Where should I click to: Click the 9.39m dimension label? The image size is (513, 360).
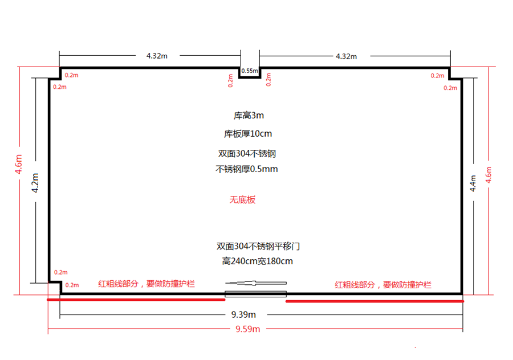point(243,314)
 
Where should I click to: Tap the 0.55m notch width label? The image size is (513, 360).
point(249,71)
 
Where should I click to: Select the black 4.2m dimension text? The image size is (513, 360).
point(35,183)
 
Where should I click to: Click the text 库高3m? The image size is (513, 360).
point(249,115)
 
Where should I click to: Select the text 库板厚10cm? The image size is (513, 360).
point(248,134)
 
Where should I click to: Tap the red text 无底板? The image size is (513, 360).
point(242,200)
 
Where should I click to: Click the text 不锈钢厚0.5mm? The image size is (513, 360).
point(246,169)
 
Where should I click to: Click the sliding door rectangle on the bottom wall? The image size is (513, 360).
point(255,294)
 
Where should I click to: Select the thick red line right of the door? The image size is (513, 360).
point(374,301)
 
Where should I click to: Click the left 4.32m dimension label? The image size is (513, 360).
point(157,56)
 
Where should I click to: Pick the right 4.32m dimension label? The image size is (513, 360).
point(346,56)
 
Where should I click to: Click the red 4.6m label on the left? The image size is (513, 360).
point(18,165)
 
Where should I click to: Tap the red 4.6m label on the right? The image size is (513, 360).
point(488,174)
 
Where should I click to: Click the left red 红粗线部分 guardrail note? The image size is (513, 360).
point(146,283)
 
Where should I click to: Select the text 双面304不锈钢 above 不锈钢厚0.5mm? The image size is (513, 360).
point(247,154)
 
